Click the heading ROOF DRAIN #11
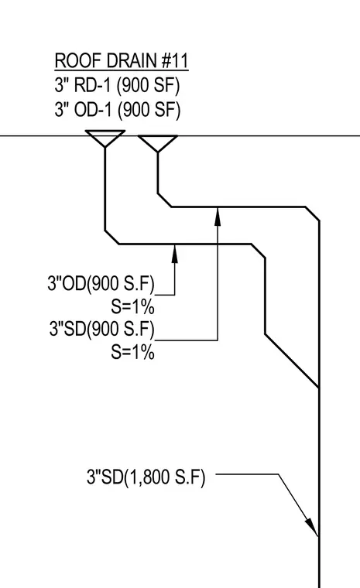point(122,61)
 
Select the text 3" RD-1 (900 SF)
point(117,86)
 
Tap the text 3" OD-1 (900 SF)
point(118,110)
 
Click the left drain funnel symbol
point(105,138)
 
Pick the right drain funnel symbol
point(158,143)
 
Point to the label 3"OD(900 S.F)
point(101,283)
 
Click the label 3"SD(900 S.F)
point(101,329)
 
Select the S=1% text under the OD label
point(132,306)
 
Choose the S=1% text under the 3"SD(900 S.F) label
point(132,352)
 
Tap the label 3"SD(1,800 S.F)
point(146,477)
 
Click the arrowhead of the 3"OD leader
point(174,254)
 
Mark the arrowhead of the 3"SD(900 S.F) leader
point(218,217)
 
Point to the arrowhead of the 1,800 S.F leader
point(311,527)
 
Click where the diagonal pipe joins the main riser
point(319,387)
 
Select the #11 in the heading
point(175,61)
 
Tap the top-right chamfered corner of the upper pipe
point(312,214)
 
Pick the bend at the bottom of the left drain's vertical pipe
point(111,238)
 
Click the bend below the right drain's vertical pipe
point(164,200)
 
